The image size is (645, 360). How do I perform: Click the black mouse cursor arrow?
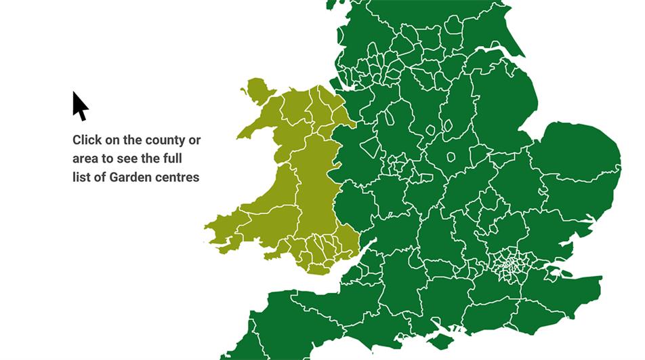pyautogui.click(x=80, y=106)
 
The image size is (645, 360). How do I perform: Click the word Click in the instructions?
pyautogui.click(x=87, y=140)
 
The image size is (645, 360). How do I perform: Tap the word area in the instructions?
pyautogui.click(x=86, y=159)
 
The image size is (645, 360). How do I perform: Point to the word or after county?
pyautogui.click(x=194, y=140)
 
